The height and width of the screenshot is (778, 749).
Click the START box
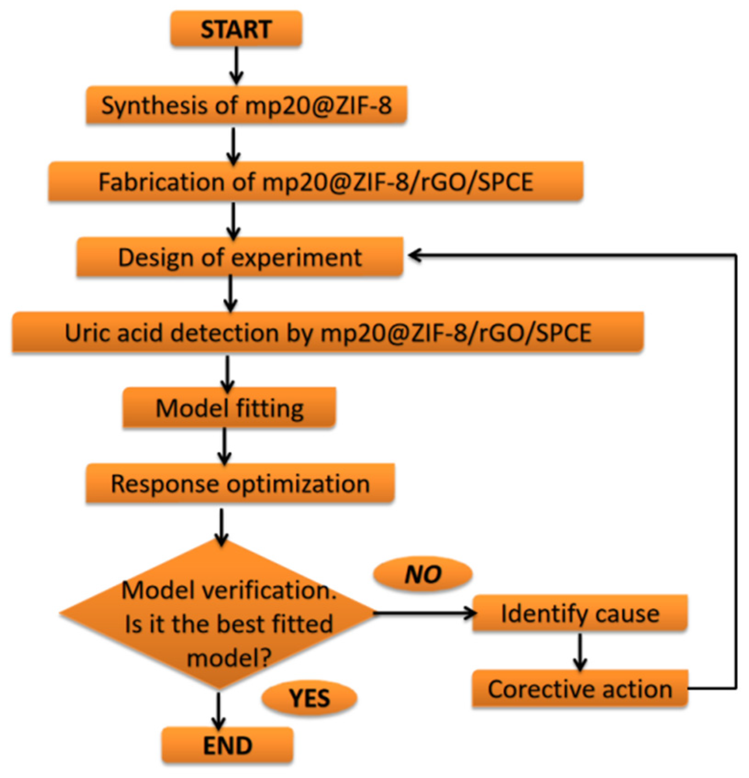click(236, 29)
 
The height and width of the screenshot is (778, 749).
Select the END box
click(227, 745)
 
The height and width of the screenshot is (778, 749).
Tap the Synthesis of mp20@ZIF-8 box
click(246, 105)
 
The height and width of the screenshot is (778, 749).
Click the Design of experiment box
click(240, 257)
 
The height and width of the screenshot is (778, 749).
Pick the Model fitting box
click(229, 408)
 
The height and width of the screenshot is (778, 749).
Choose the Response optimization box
click(240, 483)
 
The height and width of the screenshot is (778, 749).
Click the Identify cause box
click(580, 613)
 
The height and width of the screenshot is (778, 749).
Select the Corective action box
click(580, 689)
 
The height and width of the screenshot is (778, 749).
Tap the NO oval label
click(423, 574)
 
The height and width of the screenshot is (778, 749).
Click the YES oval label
click(309, 698)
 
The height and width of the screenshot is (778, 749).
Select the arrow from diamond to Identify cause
click(424, 613)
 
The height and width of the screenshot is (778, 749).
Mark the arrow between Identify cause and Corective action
click(580, 651)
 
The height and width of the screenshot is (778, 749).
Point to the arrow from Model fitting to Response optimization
click(224, 446)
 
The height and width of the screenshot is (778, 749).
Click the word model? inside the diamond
click(229, 659)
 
